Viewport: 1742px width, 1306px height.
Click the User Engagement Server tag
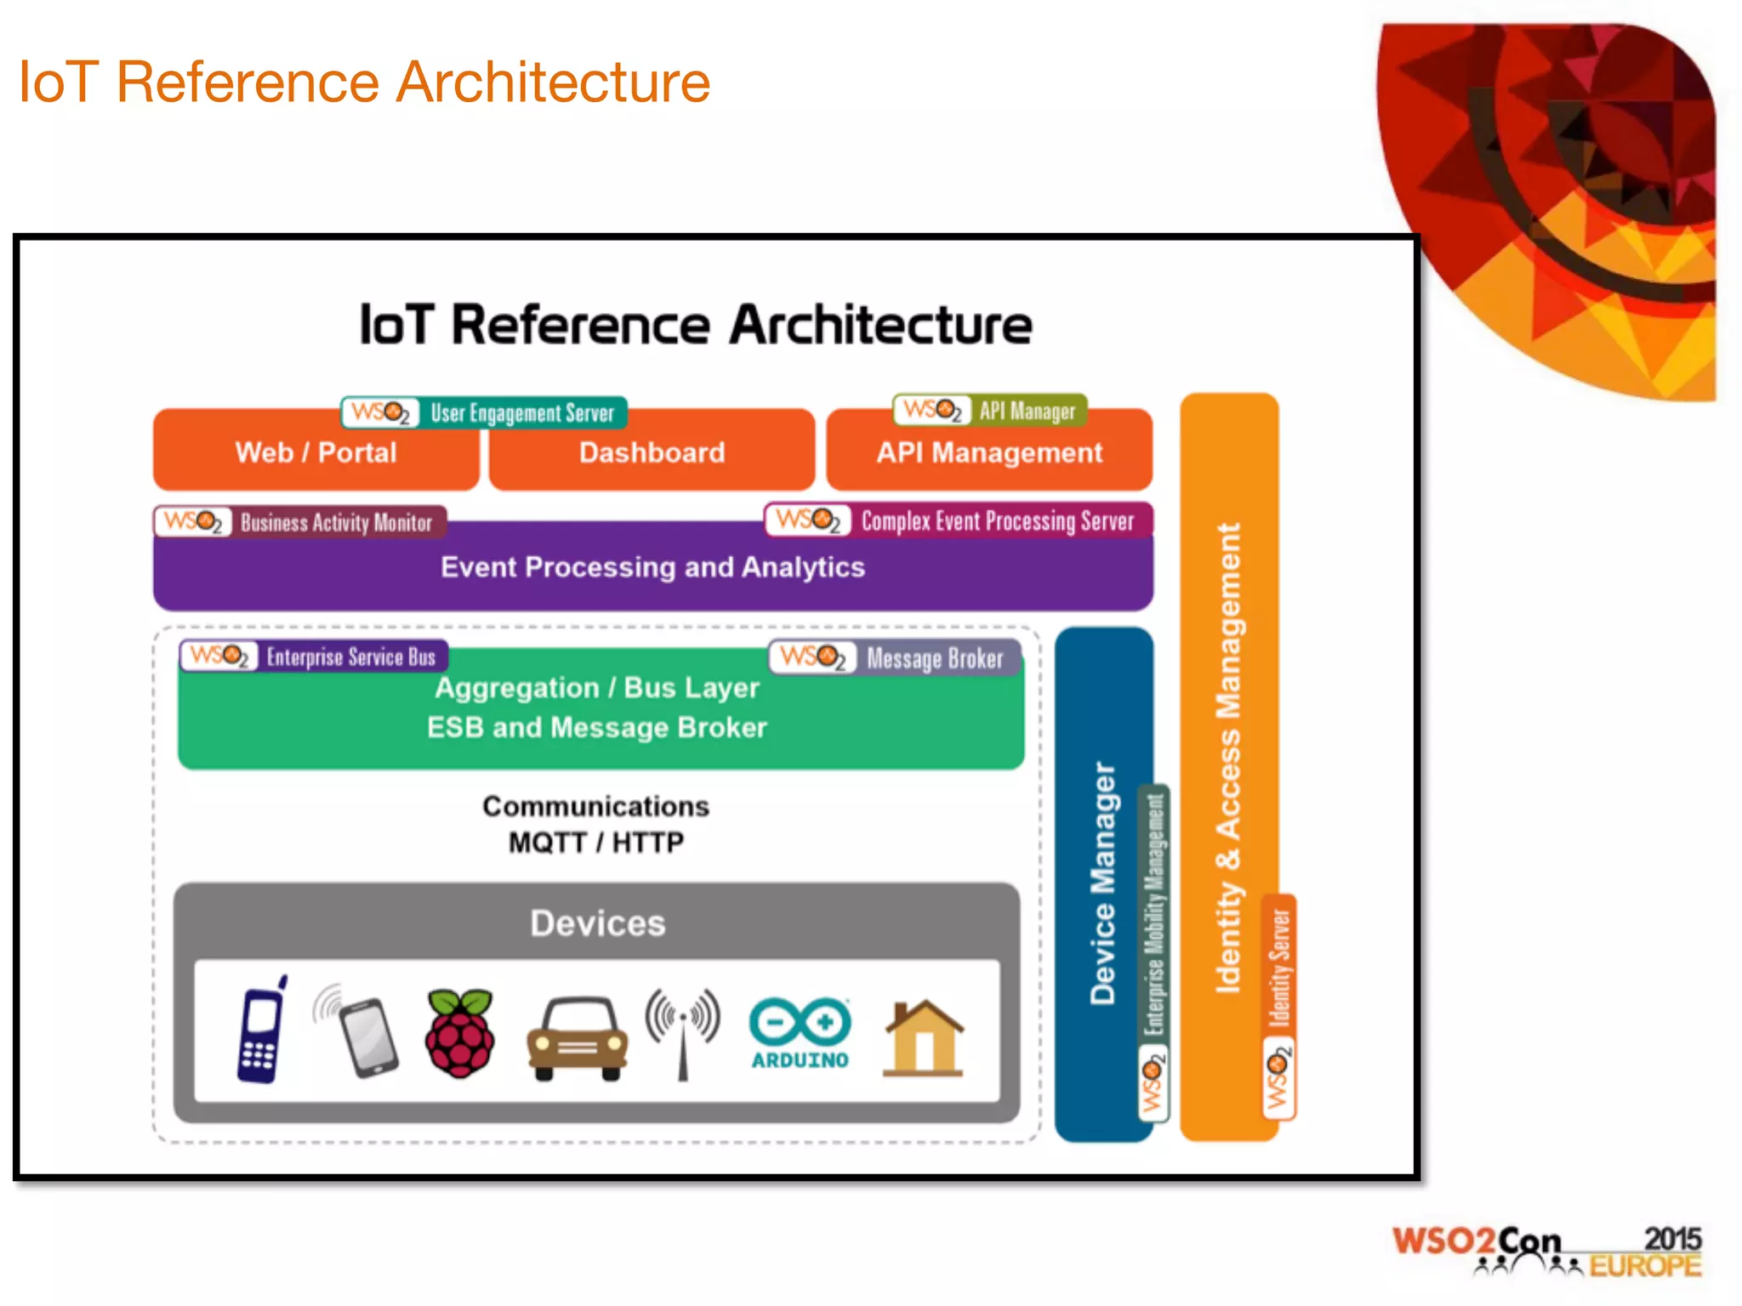[484, 413]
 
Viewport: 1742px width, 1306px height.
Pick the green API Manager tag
[989, 411]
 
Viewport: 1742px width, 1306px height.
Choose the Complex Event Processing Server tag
[959, 520]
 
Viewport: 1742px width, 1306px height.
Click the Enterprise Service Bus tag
[314, 656]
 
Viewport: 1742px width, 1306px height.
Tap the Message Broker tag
[896, 658]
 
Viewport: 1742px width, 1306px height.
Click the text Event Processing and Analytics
[652, 567]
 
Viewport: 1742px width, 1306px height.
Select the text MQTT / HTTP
[595, 843]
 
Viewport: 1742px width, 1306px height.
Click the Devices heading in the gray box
[597, 923]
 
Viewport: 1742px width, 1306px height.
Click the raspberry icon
[459, 1034]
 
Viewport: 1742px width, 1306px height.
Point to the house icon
[924, 1038]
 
